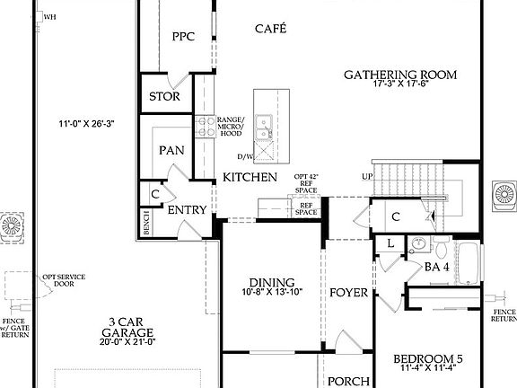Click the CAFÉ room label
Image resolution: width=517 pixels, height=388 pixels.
[270, 29]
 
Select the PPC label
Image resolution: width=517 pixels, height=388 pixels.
[184, 37]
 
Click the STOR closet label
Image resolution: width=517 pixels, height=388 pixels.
[164, 97]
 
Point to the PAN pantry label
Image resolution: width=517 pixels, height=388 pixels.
[171, 151]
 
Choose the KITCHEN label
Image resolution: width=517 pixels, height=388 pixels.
[250, 177]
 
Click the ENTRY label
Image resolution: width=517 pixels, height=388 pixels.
[188, 210]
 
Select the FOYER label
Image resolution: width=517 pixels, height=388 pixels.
[348, 293]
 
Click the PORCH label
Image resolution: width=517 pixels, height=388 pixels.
[347, 381]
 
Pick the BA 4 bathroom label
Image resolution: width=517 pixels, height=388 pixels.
[436, 267]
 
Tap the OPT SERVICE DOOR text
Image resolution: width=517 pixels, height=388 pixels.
[64, 280]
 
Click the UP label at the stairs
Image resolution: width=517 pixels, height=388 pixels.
[366, 176]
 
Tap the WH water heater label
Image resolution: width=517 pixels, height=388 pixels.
[49, 16]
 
